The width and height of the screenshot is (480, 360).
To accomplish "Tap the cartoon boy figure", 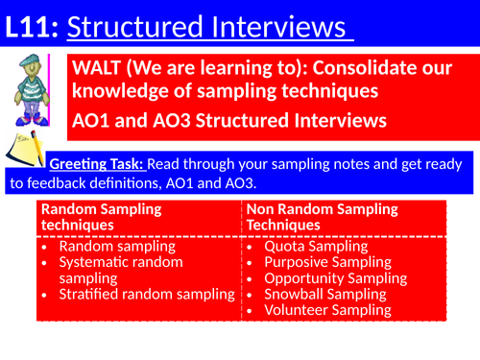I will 29,92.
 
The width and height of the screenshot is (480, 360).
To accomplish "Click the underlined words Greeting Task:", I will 96,163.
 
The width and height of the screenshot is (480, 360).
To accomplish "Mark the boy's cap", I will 28,63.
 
